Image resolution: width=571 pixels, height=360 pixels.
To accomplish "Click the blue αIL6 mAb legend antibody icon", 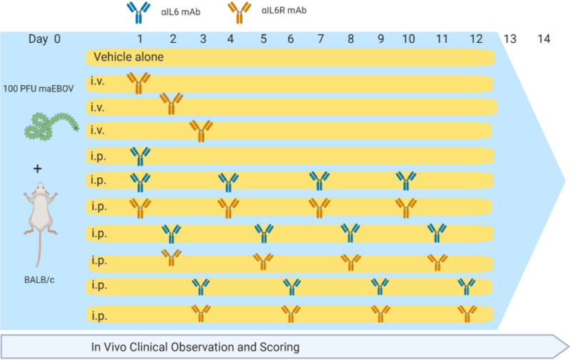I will click(133, 11).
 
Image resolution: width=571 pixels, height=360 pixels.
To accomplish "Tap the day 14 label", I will click(544, 39).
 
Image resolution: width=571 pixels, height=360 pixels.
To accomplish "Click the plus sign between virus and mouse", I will click(37, 169).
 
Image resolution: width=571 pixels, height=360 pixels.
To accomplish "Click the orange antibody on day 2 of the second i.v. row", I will click(171, 104).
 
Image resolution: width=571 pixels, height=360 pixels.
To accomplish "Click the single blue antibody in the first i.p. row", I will click(140, 156).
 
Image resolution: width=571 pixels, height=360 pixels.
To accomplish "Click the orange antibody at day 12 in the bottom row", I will click(468, 314).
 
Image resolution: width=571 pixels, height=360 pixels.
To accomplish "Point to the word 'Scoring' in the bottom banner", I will click(277, 347).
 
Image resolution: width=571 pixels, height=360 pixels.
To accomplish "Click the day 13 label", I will click(510, 39).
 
